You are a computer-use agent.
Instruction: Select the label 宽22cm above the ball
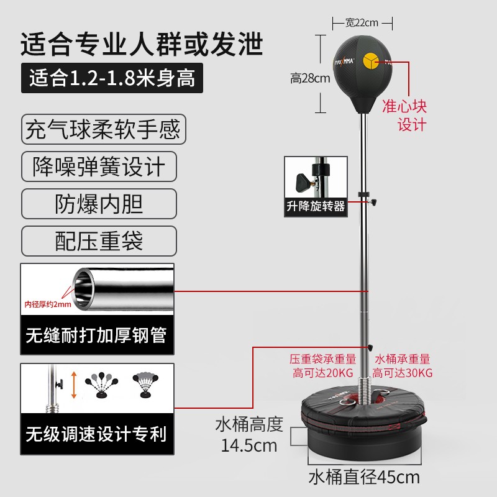(362, 22)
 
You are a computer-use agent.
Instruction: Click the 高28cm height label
(310, 78)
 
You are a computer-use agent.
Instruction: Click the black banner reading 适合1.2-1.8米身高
(112, 79)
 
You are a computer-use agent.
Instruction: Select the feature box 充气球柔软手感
(103, 130)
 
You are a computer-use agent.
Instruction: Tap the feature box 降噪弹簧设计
(99, 167)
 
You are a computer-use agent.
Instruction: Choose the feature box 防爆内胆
(99, 204)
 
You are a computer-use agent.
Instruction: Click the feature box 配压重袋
(99, 241)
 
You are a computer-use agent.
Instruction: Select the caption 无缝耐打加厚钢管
(96, 336)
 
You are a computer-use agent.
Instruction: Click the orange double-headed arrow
(73, 385)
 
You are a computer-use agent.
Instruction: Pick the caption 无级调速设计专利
(96, 433)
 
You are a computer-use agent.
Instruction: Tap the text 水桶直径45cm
(364, 477)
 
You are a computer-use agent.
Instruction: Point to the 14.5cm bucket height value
(249, 445)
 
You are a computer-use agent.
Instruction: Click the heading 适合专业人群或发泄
(142, 45)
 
